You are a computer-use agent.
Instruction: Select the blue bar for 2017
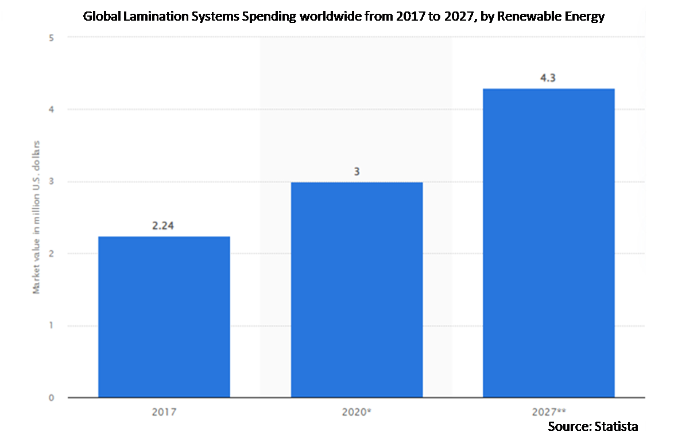coord(164,317)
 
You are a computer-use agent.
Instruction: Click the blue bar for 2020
coord(357,290)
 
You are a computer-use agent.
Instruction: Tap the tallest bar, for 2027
coord(548,243)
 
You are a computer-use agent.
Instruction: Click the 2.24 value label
coord(163,225)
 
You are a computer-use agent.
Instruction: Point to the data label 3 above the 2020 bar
coord(357,172)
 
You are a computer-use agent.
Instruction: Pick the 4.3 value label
coord(548,78)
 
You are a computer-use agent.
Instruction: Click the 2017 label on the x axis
coord(164,412)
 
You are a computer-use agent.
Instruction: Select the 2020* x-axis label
coord(357,412)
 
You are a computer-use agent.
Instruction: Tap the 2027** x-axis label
coord(549,412)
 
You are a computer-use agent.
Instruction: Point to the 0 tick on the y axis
coord(52,398)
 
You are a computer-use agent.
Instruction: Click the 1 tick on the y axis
coord(52,325)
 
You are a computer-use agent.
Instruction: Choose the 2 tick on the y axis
coord(52,254)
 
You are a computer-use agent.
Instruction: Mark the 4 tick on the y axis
coord(52,110)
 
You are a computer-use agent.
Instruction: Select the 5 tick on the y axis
coord(52,38)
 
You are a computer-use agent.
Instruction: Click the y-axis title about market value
coord(36,217)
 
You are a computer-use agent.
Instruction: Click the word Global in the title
coord(102,16)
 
